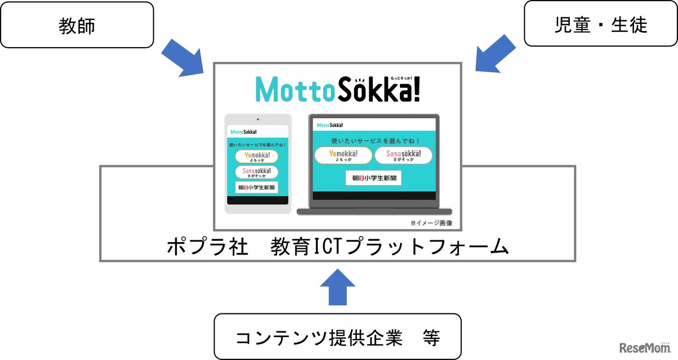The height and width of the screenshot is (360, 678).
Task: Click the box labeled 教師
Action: tap(77, 25)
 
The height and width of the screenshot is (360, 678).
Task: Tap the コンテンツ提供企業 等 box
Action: tap(337, 337)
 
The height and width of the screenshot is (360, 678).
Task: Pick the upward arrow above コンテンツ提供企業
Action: tap(337, 286)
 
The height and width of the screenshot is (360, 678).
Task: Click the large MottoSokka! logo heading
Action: tap(337, 88)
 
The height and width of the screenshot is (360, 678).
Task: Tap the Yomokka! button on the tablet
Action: tap(257, 156)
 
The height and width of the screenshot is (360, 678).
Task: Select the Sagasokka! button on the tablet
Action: tap(257, 172)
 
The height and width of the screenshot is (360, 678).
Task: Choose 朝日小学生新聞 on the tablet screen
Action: tap(257, 188)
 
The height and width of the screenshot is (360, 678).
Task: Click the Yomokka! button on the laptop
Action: tap(343, 155)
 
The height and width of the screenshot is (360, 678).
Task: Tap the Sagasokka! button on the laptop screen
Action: tap(403, 155)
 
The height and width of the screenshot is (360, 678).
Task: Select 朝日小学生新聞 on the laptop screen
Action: tap(373, 178)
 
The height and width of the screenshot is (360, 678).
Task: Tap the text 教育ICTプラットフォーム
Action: tap(389, 247)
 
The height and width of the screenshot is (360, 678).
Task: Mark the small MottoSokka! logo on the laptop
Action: tap(329, 125)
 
